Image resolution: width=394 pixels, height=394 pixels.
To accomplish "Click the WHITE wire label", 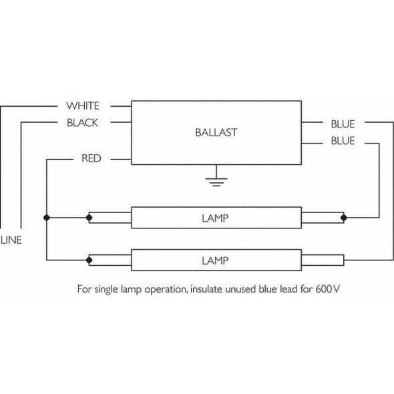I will [83, 106].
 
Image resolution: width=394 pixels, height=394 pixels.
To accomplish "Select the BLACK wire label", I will [83, 123].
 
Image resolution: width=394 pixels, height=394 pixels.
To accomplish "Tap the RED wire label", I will [91, 159].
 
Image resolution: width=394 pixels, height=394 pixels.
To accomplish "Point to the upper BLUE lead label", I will [343, 124].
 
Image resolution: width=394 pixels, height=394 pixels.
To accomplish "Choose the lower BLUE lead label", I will [343, 141].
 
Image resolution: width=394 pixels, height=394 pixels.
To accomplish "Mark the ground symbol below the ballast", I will [216, 179].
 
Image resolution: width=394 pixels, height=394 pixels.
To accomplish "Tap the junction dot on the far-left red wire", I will [46, 218].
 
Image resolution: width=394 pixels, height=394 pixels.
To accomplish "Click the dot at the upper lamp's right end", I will [344, 218].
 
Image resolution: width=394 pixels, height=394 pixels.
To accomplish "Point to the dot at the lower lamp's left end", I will [89, 258].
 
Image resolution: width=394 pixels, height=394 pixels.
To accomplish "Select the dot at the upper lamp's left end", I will [89, 218].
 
